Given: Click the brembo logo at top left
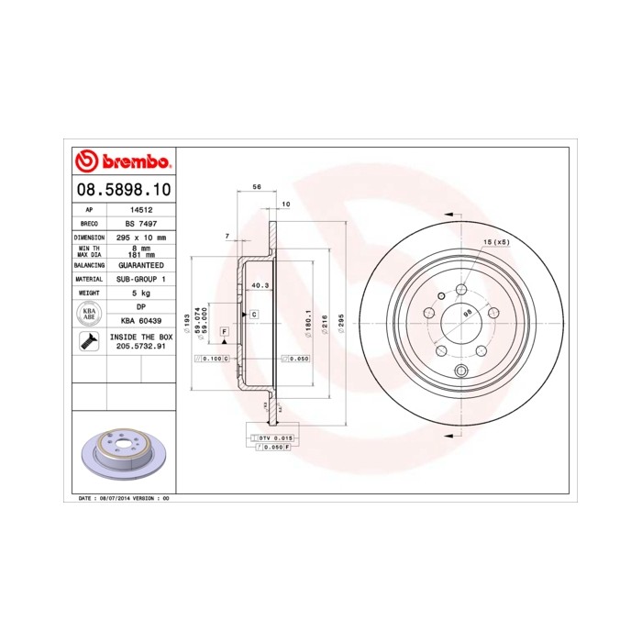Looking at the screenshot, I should click(x=122, y=161).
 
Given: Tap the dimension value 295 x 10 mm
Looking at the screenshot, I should click(x=141, y=237).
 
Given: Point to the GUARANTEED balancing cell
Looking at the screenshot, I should click(x=141, y=263).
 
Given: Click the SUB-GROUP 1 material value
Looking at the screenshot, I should click(x=141, y=278).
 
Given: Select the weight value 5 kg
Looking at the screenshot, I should click(x=141, y=293).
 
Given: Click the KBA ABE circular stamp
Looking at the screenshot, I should click(x=90, y=315).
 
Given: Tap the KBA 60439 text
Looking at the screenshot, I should click(x=141, y=321).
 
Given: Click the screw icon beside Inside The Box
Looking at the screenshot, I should click(x=90, y=343).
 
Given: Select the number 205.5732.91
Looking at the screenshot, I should click(x=141, y=348).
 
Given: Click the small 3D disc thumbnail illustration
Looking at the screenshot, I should click(x=122, y=454).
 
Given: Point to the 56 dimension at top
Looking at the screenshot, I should click(x=257, y=186).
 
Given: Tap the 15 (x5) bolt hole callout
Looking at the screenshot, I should click(x=495, y=241).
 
